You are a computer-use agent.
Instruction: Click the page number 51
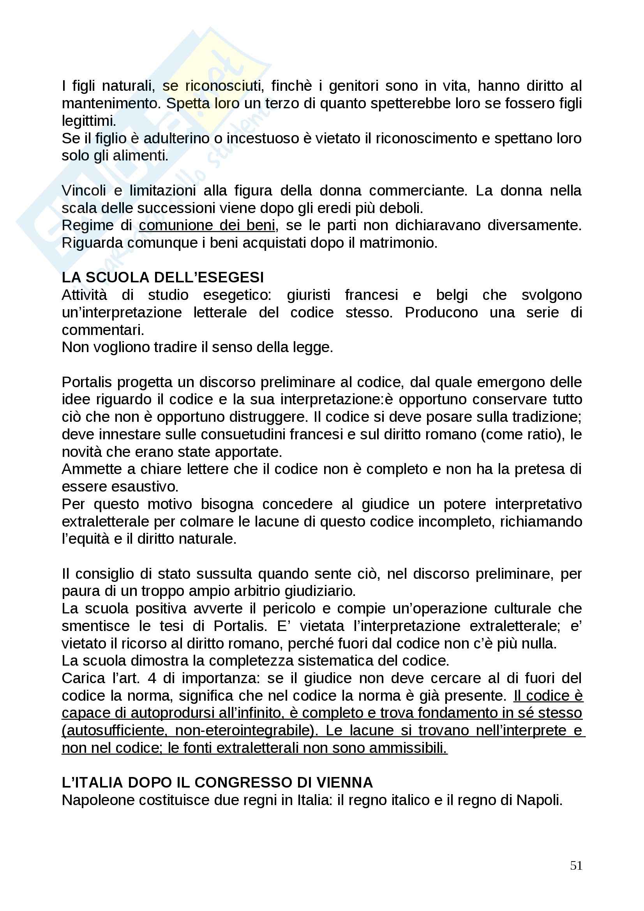pyautogui.click(x=576, y=865)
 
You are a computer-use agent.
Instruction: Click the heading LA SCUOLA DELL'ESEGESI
pyautogui.click(x=163, y=277)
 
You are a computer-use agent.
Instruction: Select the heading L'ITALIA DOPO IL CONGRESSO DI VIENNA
pyautogui.click(x=217, y=782)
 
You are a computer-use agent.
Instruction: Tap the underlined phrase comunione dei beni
pyautogui.click(x=207, y=226)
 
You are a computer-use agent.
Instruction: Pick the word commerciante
pyautogui.click(x=416, y=190)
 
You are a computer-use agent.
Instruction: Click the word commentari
pyautogui.click(x=103, y=330)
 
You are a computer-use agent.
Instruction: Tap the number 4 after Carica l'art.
pyautogui.click(x=152, y=678)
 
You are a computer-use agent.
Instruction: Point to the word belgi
pyautogui.click(x=452, y=295)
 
